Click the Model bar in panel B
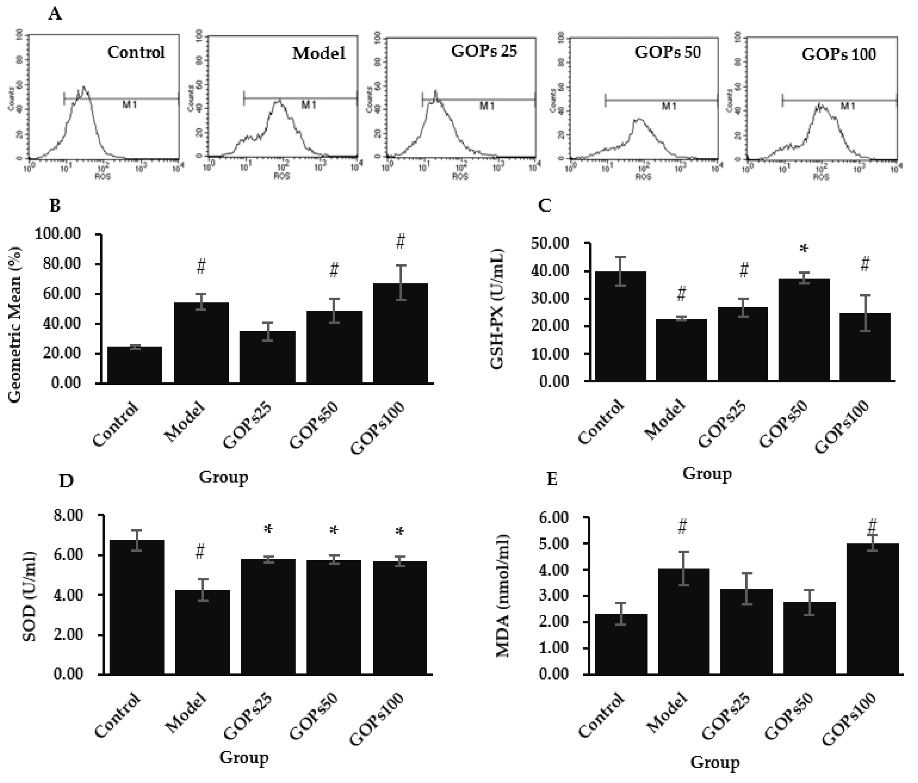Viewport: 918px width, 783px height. pos(201,342)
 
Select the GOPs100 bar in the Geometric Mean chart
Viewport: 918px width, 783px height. pos(401,332)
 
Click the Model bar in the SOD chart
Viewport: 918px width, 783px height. pos(202,632)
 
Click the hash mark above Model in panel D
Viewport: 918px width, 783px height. pos(200,552)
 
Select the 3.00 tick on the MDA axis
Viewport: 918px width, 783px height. pos(554,596)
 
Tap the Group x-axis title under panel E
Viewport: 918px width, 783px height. pos(715,762)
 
